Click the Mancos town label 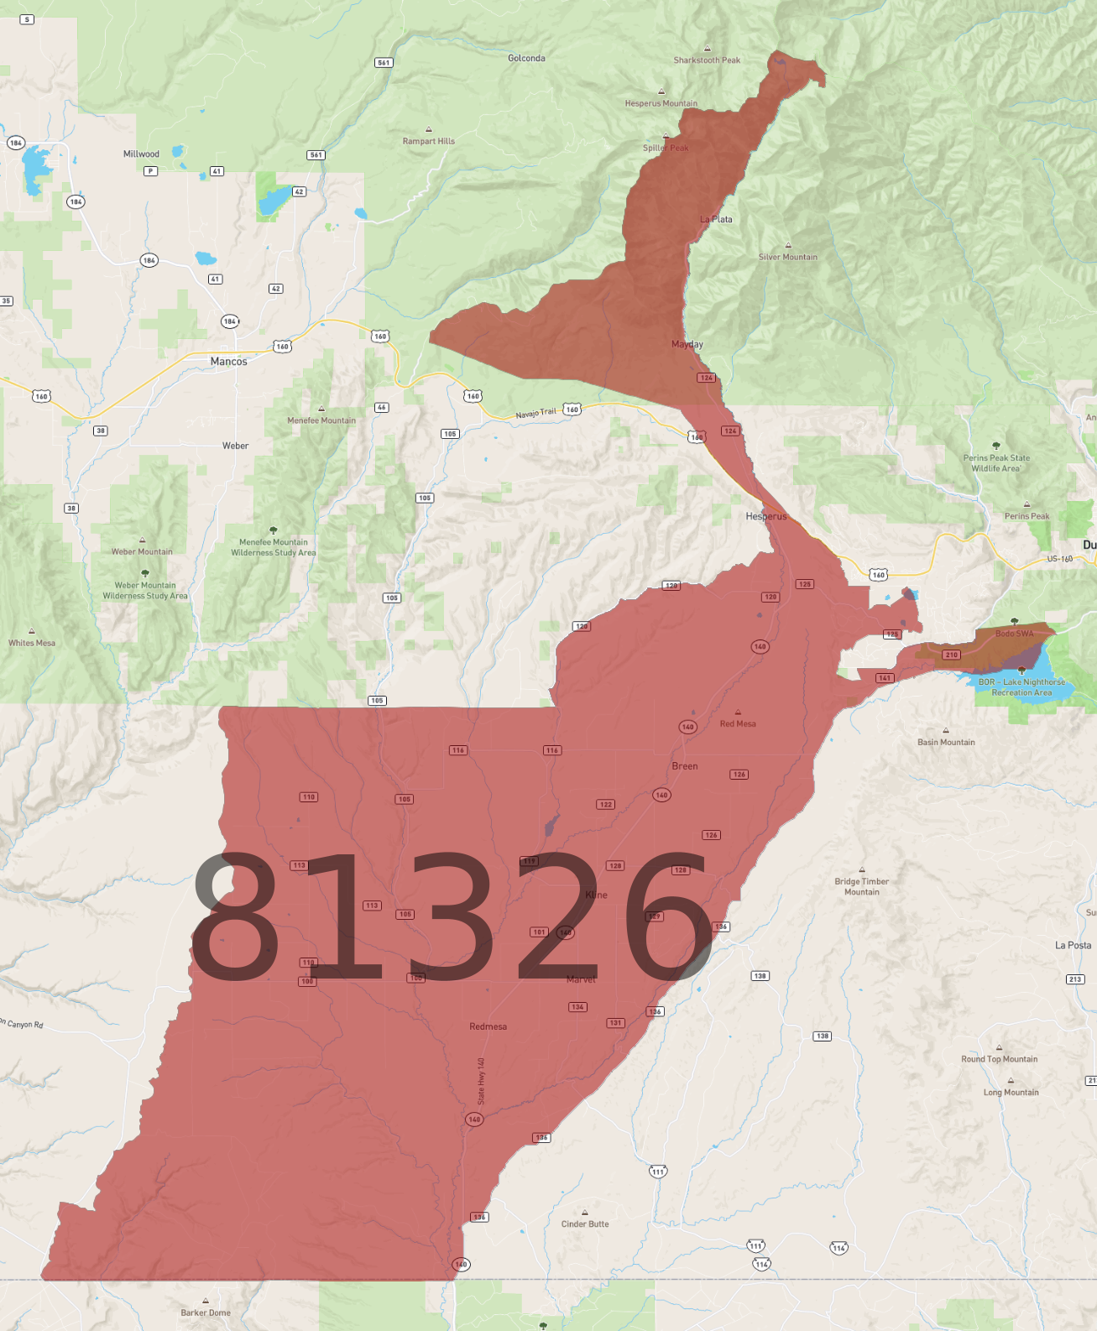coord(228,362)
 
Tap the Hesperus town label coord(766,516)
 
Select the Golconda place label coord(526,58)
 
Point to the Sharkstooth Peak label coord(707,60)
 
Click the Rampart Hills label coord(428,141)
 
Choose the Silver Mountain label coord(787,257)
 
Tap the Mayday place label coord(687,344)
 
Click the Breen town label coord(684,766)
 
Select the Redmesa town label coord(488,1026)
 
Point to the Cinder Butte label coord(585,1224)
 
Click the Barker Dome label coord(206,1313)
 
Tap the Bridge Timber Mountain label coord(861,886)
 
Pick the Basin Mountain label coord(946,742)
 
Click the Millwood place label coord(141,154)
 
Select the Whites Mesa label coord(32,643)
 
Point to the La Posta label coord(1073,945)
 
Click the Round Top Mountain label coord(999,1059)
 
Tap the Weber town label coord(235,446)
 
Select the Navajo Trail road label coord(535,414)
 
